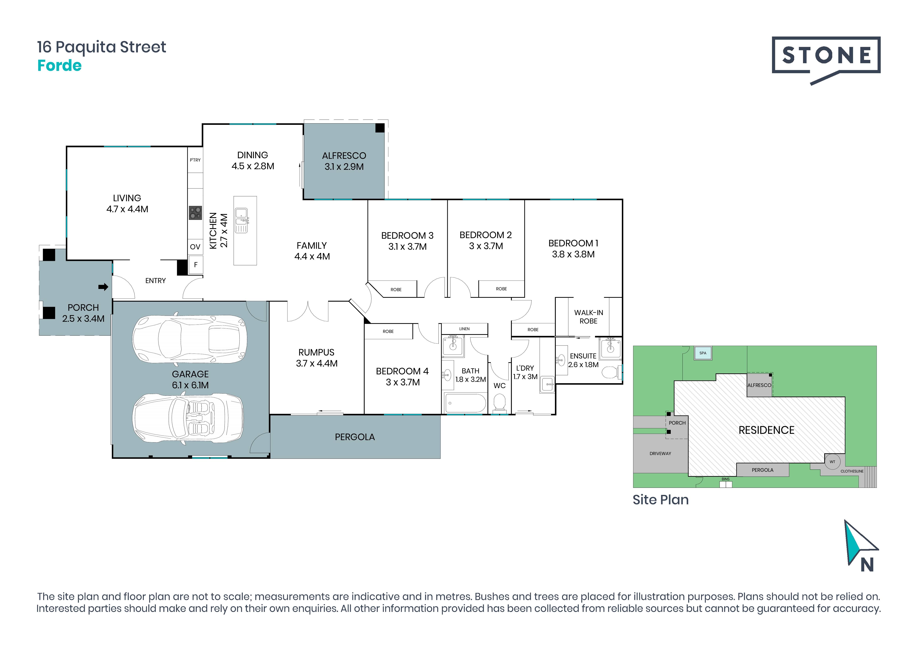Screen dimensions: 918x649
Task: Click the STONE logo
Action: (x=826, y=60)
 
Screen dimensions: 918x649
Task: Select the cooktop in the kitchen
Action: (x=195, y=213)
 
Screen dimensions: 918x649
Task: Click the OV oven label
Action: (x=195, y=247)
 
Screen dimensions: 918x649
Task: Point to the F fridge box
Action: (x=195, y=265)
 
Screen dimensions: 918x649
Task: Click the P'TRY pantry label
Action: (x=195, y=160)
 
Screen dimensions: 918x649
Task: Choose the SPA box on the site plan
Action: (x=703, y=353)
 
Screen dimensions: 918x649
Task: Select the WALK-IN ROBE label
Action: (x=589, y=317)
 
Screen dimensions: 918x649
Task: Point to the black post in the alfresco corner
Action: (x=380, y=128)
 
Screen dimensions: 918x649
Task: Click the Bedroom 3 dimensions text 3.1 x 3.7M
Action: (x=407, y=247)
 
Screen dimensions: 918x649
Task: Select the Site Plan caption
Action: (x=661, y=500)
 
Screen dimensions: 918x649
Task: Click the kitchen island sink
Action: (x=241, y=220)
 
